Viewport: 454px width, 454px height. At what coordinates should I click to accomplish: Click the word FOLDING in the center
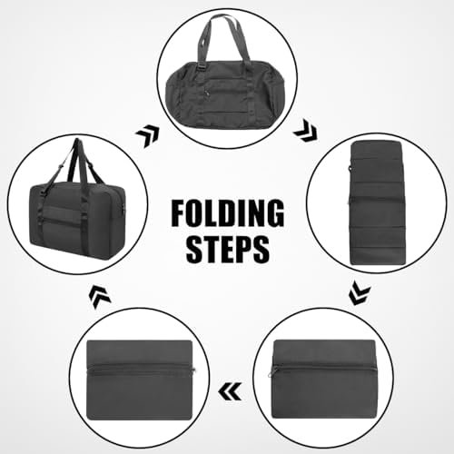(228, 213)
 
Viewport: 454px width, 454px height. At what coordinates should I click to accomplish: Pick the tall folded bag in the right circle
(376, 203)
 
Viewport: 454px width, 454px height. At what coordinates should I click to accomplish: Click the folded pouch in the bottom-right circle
(323, 379)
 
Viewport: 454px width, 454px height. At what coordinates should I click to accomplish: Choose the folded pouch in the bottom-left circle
(141, 380)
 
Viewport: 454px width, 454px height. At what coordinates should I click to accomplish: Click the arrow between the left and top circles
(147, 137)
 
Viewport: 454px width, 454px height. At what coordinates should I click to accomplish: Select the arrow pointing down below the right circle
(360, 293)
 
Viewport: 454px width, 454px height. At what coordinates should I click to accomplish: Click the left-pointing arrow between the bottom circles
(230, 391)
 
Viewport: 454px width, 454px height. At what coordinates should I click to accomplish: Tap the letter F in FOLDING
(178, 213)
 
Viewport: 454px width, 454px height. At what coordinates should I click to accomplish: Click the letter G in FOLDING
(274, 213)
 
